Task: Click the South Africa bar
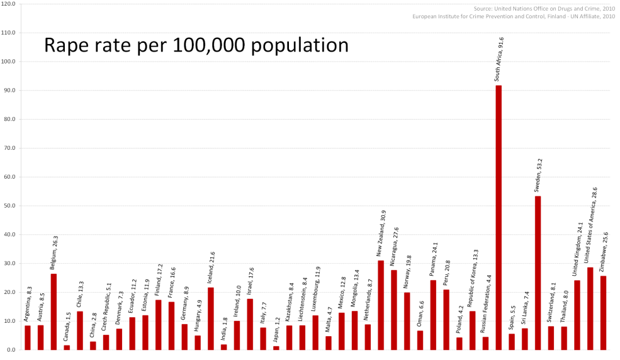coord(499,217)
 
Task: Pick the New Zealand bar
coord(381,305)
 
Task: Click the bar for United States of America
coord(590,308)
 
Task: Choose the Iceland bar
coord(211,318)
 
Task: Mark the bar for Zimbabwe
coord(603,312)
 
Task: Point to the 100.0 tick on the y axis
coord(9,62)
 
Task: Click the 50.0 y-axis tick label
coord(11,206)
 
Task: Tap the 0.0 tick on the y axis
coord(12,350)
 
